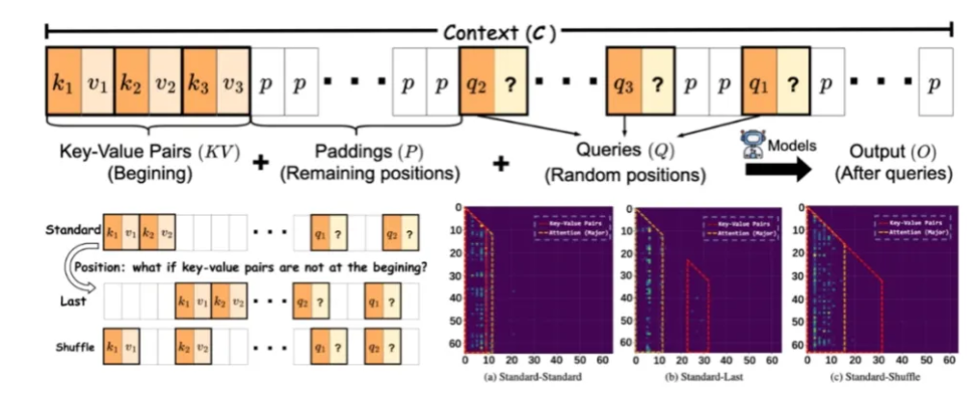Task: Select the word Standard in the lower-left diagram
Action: tap(72, 230)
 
